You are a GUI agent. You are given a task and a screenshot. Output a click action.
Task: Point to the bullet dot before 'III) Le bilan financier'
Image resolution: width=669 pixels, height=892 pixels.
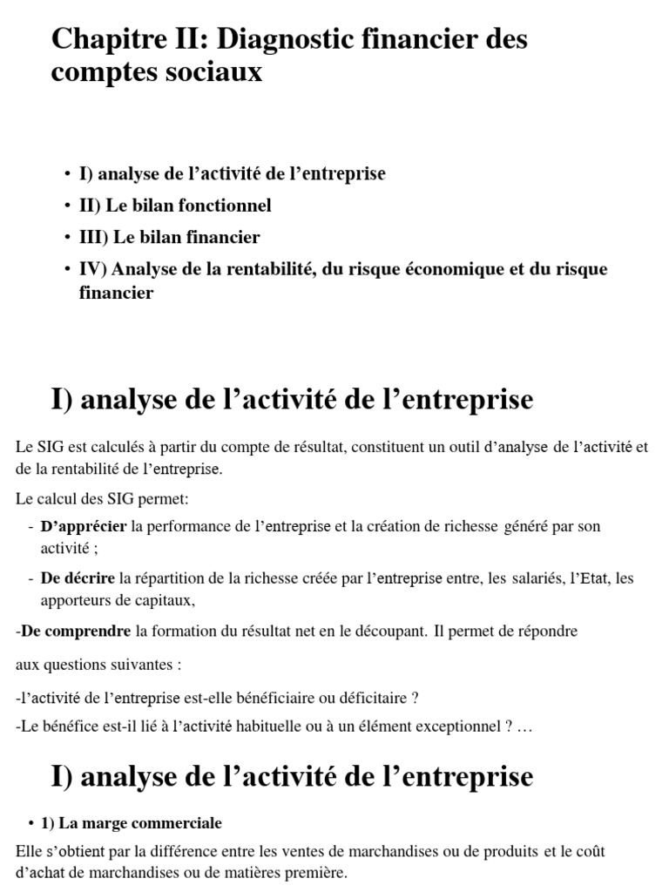coord(67,237)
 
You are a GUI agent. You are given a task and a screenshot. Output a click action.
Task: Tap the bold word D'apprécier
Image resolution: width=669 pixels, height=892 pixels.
coord(84,526)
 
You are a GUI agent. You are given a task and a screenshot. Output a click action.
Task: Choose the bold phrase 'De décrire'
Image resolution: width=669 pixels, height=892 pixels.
coord(78,577)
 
